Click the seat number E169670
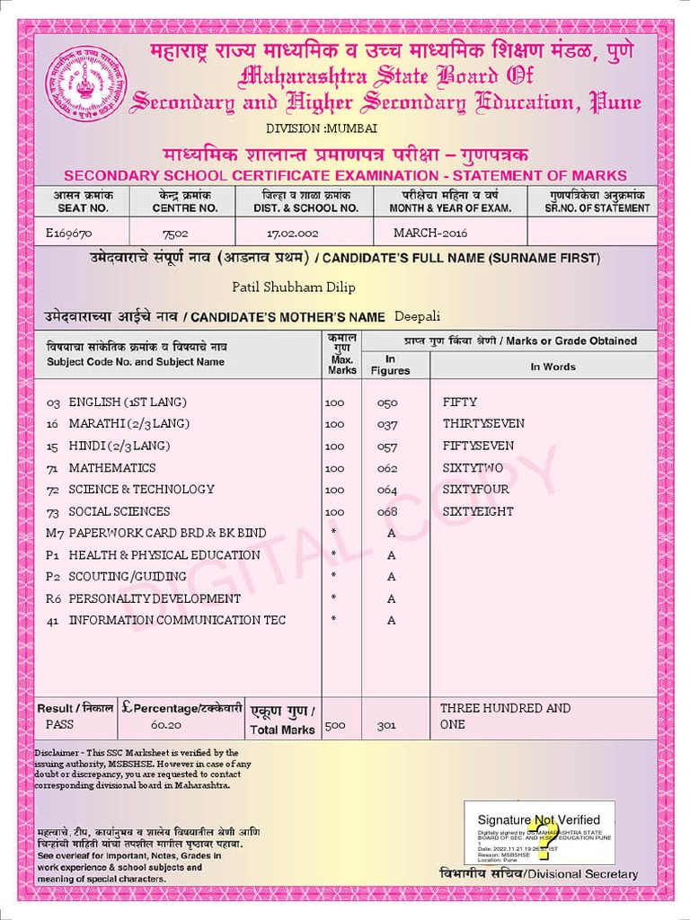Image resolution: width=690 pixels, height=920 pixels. [x=68, y=233]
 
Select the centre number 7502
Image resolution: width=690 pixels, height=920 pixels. [x=175, y=233]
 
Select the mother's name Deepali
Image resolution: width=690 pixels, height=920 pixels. [x=418, y=316]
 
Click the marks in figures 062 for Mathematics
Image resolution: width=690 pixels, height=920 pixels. [x=386, y=468]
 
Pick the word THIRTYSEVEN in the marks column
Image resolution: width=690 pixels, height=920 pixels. [x=483, y=424]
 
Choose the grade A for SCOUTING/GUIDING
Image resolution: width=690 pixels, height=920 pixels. [x=391, y=577]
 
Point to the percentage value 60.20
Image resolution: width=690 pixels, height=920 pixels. [x=166, y=725]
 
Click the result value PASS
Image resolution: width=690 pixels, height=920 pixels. [x=60, y=724]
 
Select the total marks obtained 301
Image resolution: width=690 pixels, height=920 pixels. [x=386, y=725]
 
